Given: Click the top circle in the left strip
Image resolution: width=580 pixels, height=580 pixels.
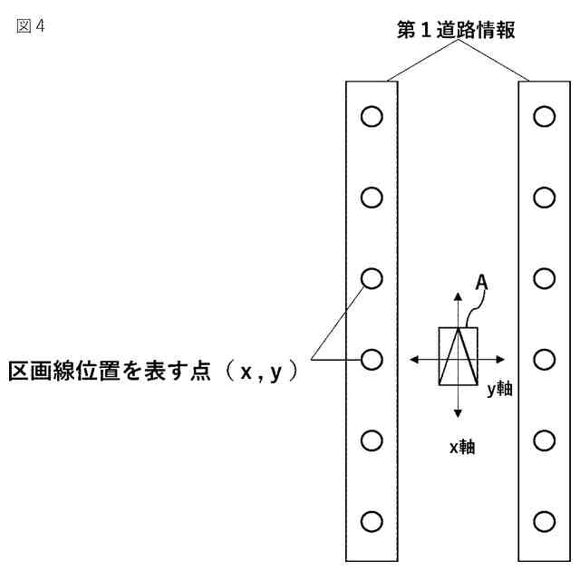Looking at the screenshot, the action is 372,116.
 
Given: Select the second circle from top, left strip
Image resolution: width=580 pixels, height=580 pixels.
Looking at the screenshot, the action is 372,197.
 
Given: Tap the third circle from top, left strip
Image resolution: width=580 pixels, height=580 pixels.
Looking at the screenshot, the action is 372,278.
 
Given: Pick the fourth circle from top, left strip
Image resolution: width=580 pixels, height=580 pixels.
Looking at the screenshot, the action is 372,360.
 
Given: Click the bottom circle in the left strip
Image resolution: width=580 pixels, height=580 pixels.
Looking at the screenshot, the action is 372,521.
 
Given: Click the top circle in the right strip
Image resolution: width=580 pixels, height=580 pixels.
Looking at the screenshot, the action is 544,116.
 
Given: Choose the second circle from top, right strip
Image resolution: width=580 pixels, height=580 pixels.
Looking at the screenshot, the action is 544,197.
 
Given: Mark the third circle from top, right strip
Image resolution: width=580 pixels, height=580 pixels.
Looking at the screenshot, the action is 544,278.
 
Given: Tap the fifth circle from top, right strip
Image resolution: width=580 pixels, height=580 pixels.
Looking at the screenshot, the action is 544,440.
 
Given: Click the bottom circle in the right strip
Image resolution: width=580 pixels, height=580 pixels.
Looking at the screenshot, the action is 544,521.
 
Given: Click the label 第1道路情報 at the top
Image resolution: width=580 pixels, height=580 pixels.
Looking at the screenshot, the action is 457,30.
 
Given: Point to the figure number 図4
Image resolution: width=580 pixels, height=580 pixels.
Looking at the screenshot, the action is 30,25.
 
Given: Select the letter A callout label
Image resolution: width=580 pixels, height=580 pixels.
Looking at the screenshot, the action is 482,284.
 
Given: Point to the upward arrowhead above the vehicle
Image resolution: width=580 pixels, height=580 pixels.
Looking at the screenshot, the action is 458,296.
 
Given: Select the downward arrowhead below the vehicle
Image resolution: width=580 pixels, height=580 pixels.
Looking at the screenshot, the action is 458,413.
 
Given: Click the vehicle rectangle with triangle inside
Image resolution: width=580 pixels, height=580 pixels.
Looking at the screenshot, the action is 458,356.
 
